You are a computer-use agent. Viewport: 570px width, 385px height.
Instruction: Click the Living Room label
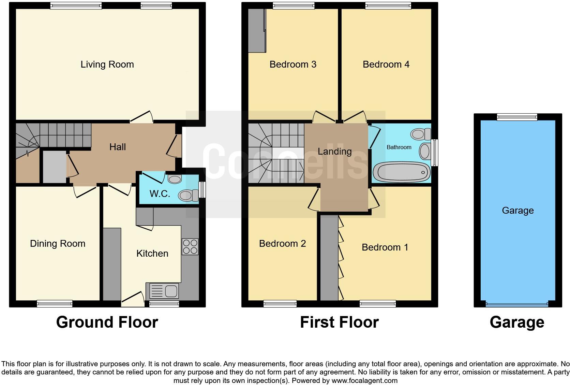(107, 64)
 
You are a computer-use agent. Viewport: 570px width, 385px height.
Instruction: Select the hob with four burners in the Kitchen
(190, 246)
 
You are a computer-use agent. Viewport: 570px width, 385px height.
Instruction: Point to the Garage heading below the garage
(517, 322)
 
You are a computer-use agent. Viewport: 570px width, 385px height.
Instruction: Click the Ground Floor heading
(107, 322)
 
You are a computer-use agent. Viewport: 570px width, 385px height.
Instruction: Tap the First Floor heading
(339, 322)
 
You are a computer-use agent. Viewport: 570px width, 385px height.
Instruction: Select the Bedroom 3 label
(293, 64)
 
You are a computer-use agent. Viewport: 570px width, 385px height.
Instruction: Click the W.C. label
(160, 194)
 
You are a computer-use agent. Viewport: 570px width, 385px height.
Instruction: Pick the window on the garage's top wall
(517, 117)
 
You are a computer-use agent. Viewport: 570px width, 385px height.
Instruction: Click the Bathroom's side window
(435, 152)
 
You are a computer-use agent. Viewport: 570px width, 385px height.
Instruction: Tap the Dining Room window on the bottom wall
(55, 303)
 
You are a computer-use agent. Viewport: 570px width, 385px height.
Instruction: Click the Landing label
(334, 151)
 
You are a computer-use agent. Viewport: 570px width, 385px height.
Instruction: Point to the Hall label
(118, 147)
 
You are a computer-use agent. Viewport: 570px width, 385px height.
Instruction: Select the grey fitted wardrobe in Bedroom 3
(257, 31)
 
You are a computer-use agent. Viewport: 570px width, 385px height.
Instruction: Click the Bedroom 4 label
(386, 64)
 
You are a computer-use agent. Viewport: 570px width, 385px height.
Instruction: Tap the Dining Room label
(58, 243)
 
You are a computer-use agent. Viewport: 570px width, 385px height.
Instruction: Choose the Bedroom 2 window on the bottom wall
(280, 303)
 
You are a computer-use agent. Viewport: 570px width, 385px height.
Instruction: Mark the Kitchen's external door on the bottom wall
(133, 300)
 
